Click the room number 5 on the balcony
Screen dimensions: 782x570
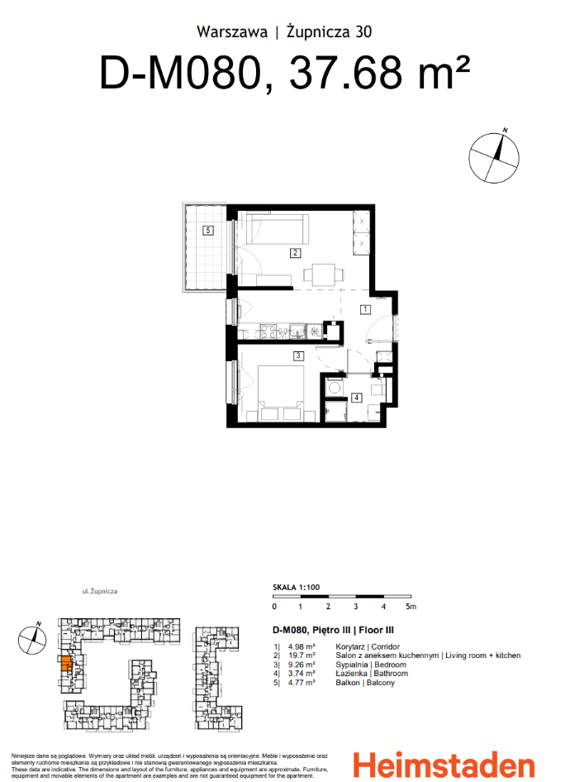(x=210, y=231)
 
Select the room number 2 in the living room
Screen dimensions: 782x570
(x=294, y=253)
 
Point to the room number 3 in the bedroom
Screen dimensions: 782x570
(x=297, y=356)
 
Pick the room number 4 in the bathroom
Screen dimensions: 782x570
(x=356, y=398)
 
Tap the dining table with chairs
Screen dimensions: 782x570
(x=321, y=274)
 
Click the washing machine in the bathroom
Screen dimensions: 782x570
(x=335, y=386)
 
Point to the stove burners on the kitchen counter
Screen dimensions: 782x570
(x=269, y=331)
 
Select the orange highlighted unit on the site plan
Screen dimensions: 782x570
(x=64, y=664)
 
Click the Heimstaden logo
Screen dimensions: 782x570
(x=443, y=763)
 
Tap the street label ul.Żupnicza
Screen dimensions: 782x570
(x=100, y=592)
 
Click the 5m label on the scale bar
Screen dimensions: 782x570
(x=411, y=606)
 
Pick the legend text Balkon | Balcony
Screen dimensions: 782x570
(x=365, y=683)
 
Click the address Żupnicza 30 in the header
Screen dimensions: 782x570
(x=329, y=32)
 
